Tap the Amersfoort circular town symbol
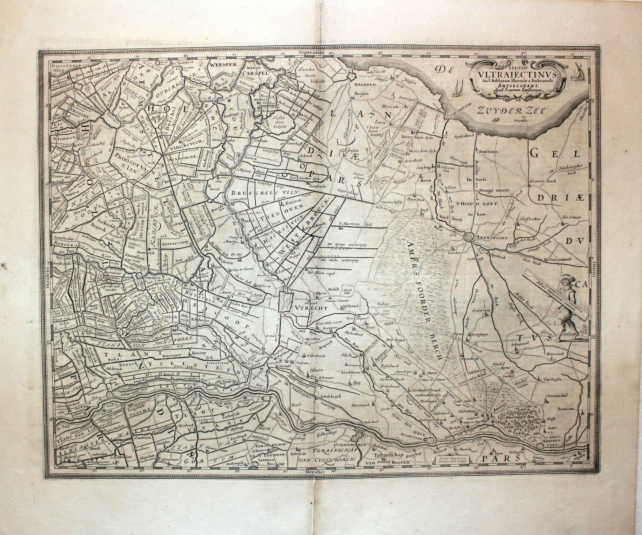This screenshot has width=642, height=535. click(469, 237)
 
